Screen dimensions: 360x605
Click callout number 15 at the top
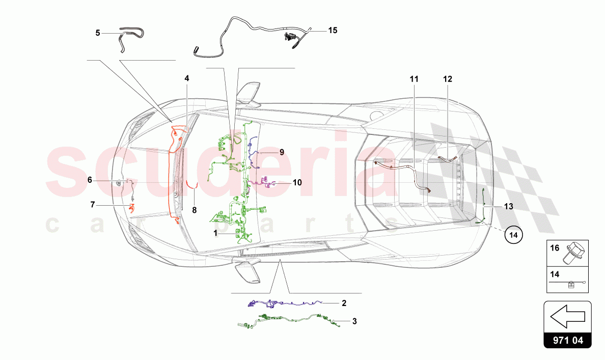coord(333,31)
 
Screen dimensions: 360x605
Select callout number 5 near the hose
coord(98,33)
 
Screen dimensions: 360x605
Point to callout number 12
coord(447,79)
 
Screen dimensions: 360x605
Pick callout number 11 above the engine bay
coord(414,79)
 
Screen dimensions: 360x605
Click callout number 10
coord(297,182)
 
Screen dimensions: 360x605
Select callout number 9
coord(281,152)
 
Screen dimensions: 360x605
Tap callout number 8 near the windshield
coord(194,209)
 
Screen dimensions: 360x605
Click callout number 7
coord(93,205)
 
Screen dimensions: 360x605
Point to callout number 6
coord(90,180)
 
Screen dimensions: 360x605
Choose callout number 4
coord(187,78)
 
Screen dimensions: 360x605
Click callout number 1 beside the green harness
coord(215,232)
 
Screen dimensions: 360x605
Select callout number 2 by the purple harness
coord(344,303)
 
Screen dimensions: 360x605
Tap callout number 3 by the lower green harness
coord(354,321)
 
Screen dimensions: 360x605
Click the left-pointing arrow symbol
coord(567,319)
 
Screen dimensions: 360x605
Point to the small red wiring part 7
coord(132,208)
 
